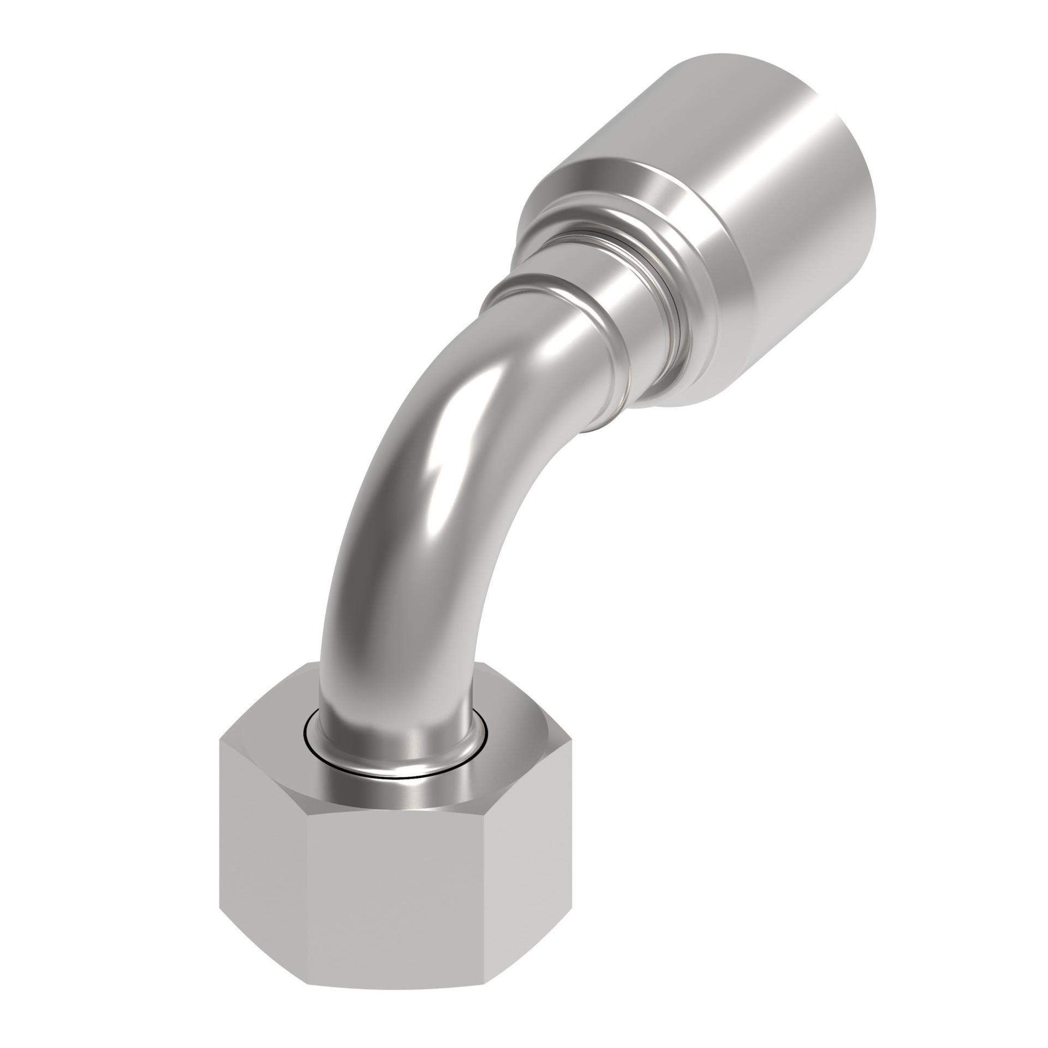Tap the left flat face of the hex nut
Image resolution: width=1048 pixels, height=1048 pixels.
tap(262, 835)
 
